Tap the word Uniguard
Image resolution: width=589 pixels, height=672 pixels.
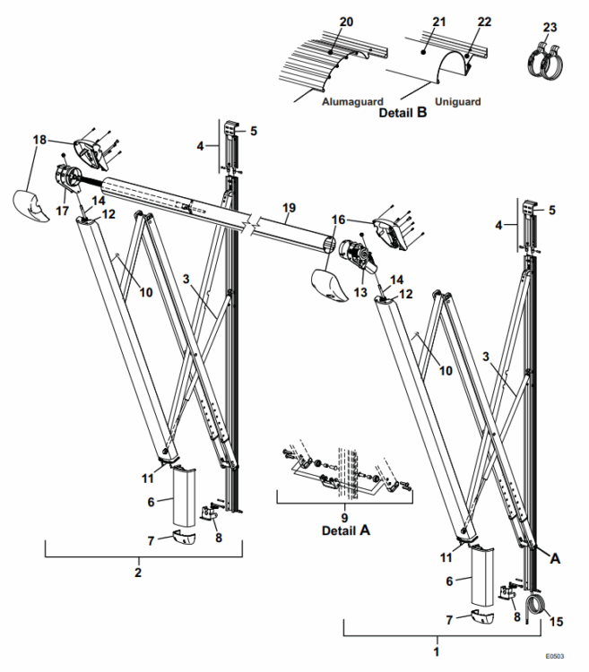pos(457,102)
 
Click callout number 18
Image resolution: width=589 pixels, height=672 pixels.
pos(39,141)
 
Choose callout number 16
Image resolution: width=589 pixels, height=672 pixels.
pos(338,218)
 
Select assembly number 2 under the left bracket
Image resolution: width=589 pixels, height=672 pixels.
pos(139,570)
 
